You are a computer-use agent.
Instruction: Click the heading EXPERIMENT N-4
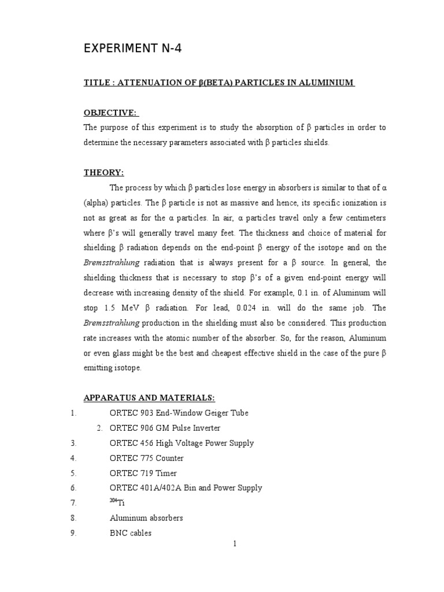click(x=132, y=49)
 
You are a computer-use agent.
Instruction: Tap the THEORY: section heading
click(x=103, y=172)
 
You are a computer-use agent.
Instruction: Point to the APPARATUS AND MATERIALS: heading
click(x=149, y=398)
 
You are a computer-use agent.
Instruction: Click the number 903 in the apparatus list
click(x=143, y=413)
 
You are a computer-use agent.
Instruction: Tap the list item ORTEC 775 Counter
click(x=146, y=458)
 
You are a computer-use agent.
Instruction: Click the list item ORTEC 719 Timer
click(x=143, y=473)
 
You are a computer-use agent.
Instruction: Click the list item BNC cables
click(x=131, y=533)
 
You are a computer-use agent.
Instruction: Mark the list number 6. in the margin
click(x=73, y=488)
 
